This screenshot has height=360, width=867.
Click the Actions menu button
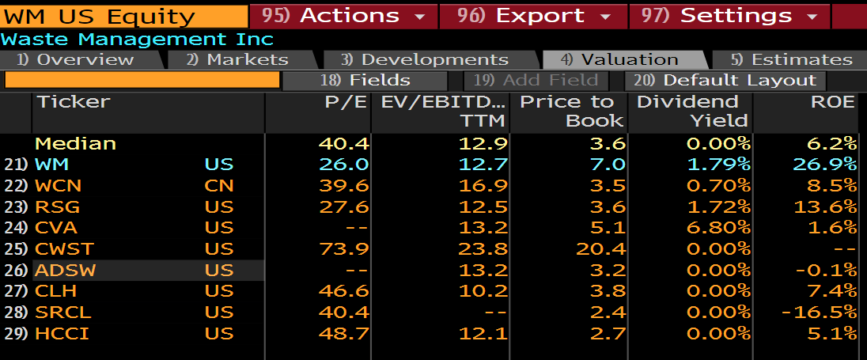click(343, 15)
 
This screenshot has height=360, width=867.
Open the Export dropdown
click(534, 15)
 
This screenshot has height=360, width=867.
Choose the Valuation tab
click(624, 59)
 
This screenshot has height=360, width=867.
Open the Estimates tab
click(791, 59)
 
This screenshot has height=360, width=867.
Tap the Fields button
click(365, 80)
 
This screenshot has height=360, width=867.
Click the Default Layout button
click(725, 80)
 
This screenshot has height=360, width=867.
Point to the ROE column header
click(833, 101)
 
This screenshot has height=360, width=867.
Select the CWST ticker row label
click(65, 248)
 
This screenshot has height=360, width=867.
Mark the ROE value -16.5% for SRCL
click(819, 313)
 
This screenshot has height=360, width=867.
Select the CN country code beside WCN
click(218, 185)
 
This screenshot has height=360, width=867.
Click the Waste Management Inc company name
click(138, 39)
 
